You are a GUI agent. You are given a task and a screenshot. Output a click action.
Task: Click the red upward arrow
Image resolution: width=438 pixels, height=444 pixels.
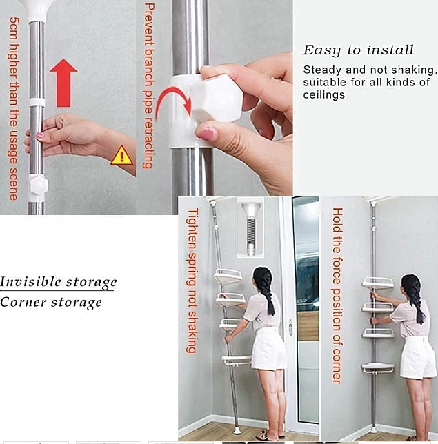pyautogui.click(x=63, y=83)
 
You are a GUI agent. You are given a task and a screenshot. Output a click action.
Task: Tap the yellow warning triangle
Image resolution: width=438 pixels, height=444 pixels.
pyautogui.click(x=122, y=155)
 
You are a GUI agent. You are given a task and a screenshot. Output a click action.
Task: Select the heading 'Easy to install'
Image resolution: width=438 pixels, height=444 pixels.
pyautogui.click(x=359, y=50)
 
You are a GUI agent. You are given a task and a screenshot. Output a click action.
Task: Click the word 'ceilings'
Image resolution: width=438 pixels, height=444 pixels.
pyautogui.click(x=323, y=94)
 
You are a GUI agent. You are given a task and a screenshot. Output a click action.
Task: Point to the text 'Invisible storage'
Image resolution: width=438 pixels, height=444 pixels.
pyautogui.click(x=58, y=282)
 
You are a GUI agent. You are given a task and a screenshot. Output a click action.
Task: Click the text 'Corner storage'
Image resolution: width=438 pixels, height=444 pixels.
pyautogui.click(x=51, y=303)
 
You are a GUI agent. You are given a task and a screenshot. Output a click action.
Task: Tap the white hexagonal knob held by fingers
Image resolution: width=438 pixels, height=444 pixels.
pyautogui.click(x=217, y=98)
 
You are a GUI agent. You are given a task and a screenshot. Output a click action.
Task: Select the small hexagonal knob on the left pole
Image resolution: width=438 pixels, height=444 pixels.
pyautogui.click(x=39, y=185)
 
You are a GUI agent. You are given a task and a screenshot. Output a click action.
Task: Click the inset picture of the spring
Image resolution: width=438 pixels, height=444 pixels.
pyautogui.click(x=250, y=228)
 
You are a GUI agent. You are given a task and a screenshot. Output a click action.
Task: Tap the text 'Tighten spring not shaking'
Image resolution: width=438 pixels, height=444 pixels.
pyautogui.click(x=192, y=281)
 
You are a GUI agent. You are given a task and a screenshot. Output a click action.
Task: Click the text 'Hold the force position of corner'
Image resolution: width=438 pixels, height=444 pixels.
pyautogui.click(x=337, y=295)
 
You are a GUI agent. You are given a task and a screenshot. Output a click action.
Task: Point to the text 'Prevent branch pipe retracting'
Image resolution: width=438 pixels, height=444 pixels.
pyautogui.click(x=149, y=85)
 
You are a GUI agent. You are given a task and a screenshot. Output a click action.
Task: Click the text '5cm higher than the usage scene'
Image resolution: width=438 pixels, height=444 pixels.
pyautogui.click(x=13, y=108)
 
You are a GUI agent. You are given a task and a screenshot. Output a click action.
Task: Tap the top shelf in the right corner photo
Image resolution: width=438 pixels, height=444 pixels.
pyautogui.click(x=378, y=283)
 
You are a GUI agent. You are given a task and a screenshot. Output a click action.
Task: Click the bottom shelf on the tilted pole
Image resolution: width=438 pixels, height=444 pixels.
pyautogui.click(x=237, y=360)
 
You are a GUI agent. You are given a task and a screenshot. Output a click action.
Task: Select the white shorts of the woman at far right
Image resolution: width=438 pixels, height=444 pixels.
pyautogui.click(x=417, y=357)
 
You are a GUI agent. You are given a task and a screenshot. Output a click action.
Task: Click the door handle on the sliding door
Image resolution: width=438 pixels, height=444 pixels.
pyautogui.click(x=290, y=327)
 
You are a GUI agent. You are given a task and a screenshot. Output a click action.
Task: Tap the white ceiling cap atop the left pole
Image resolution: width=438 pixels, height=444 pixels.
pyautogui.click(x=37, y=10)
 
